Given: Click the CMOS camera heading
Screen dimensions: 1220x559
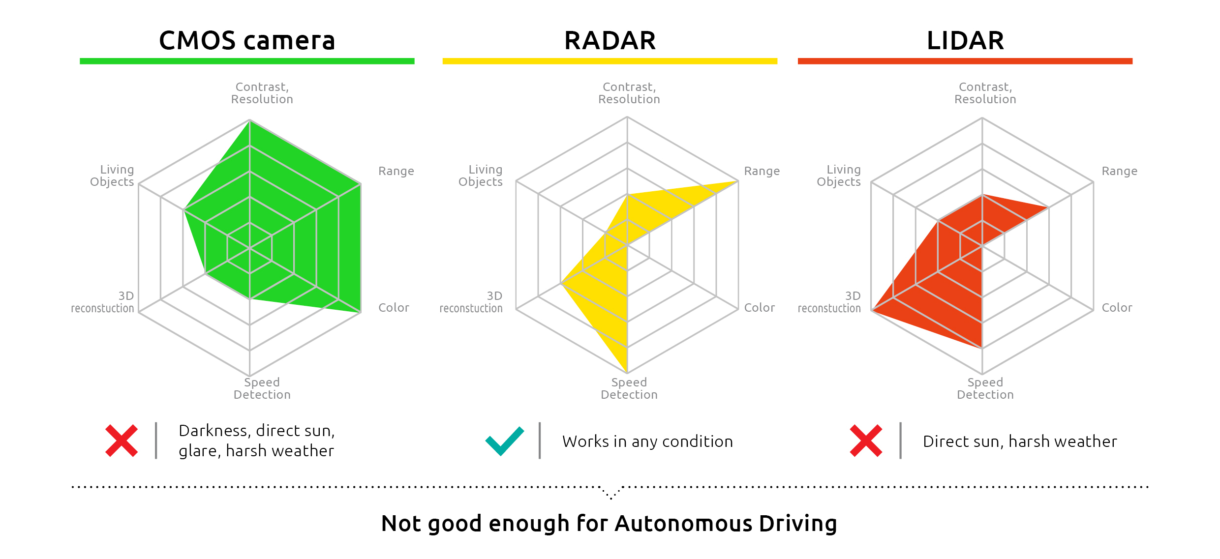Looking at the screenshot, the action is pos(247,40).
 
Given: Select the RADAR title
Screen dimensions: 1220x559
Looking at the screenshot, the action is pos(610,40).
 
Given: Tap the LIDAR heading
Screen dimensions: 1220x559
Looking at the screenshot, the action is pos(965,40).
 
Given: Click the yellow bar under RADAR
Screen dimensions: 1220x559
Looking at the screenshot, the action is pos(610,61).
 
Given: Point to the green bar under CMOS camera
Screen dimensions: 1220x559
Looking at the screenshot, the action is pos(247,61).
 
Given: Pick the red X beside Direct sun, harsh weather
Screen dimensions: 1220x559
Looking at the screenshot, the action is pos(866,441).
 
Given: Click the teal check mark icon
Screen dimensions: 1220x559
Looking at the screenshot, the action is pos(505,441).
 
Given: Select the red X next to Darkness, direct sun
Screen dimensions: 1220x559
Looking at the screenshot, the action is pos(122,441).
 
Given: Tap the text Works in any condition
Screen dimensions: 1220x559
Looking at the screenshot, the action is pos(647,441).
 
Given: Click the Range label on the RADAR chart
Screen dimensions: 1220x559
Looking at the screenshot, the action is pos(762,171).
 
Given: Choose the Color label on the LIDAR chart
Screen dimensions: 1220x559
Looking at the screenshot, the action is pos(1117,308).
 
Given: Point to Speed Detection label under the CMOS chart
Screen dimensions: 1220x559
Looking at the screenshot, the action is pos(262,388).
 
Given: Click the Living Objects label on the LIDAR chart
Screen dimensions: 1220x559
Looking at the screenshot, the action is pos(839,176).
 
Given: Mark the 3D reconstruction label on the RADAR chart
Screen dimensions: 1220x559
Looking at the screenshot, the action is pos(471,302).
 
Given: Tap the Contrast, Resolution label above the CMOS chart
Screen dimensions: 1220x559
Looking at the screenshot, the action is pos(262,93).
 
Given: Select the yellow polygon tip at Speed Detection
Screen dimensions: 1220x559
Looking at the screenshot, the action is pos(627,373).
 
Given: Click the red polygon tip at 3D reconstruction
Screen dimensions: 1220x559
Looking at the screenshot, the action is pos(872,310).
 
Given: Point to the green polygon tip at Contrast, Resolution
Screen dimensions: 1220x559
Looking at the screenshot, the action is pos(249,120).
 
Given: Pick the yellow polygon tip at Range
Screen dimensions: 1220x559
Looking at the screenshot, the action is pos(738,181).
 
